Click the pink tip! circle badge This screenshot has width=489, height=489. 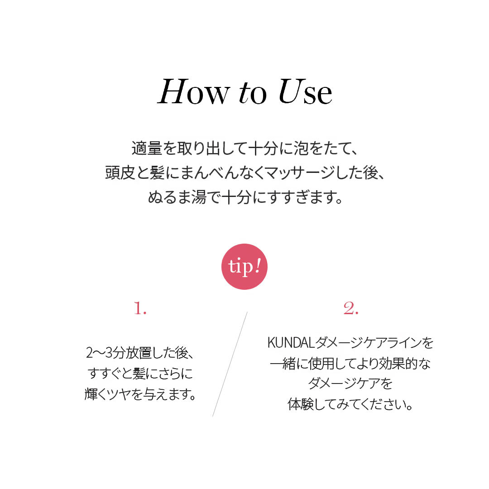pyautogui.click(x=244, y=267)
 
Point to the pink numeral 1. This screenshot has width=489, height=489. pyautogui.click(x=140, y=308)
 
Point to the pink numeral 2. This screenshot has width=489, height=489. pyautogui.click(x=351, y=308)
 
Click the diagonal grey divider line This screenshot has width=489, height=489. pyautogui.click(x=230, y=364)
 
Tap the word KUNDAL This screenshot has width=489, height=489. pyautogui.click(x=290, y=343)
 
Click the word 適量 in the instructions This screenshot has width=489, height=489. pyautogui.click(x=147, y=148)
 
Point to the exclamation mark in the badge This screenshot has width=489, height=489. pyautogui.click(x=258, y=266)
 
